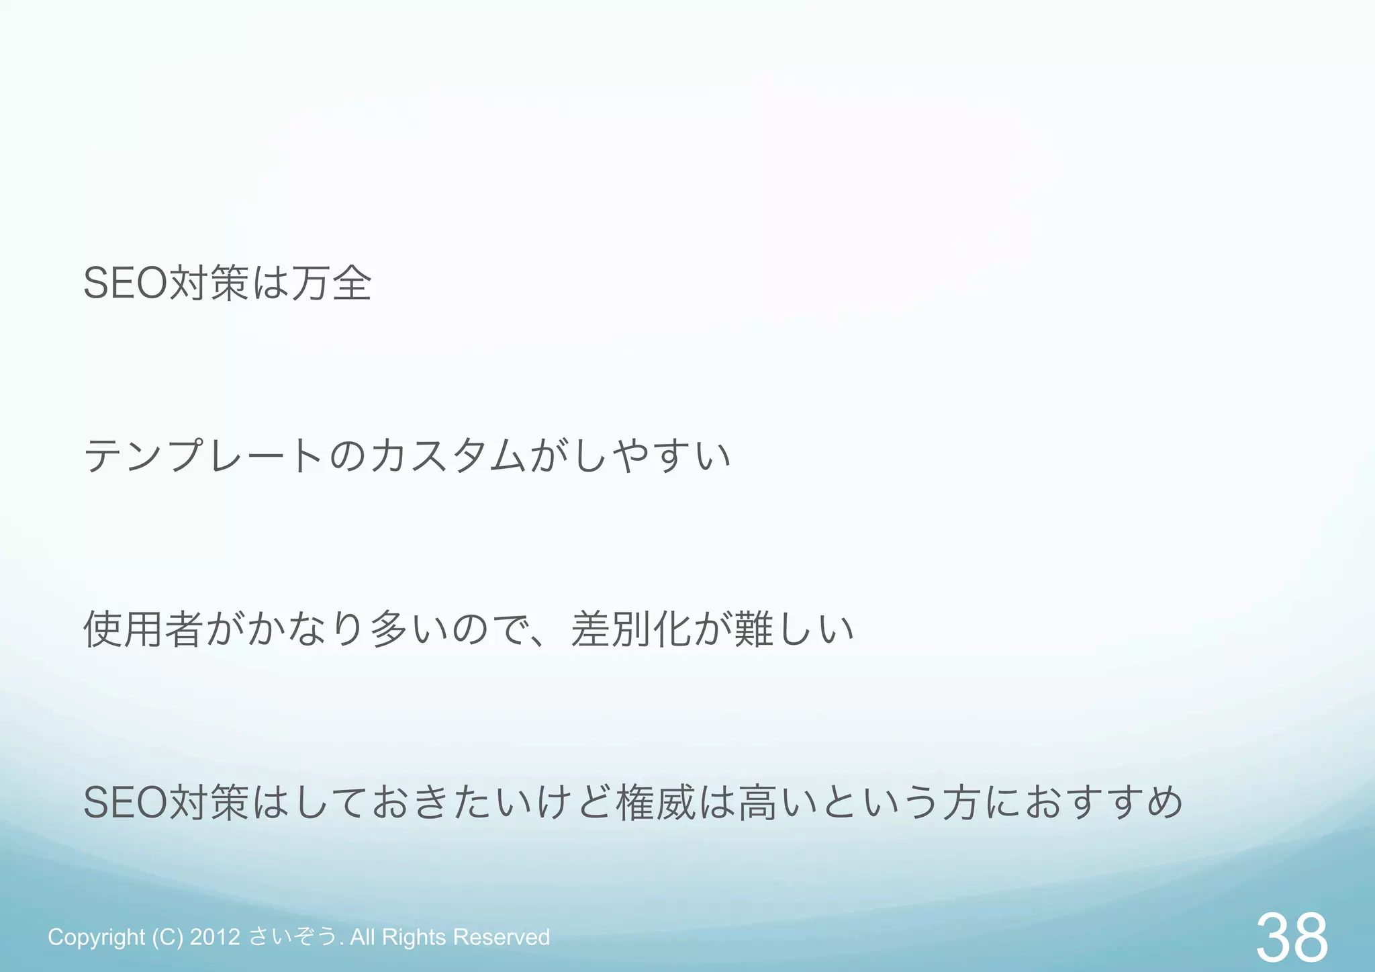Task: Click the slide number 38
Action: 1291,938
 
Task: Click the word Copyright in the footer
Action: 96,937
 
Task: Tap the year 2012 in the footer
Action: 215,937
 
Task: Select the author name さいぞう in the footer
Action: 293,937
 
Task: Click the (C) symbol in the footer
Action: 167,937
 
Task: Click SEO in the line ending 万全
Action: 125,283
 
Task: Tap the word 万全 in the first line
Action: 331,283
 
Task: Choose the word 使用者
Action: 144,629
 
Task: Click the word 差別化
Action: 631,629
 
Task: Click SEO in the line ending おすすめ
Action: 125,802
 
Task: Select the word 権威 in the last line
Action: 656,802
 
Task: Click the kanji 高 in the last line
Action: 758,802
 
